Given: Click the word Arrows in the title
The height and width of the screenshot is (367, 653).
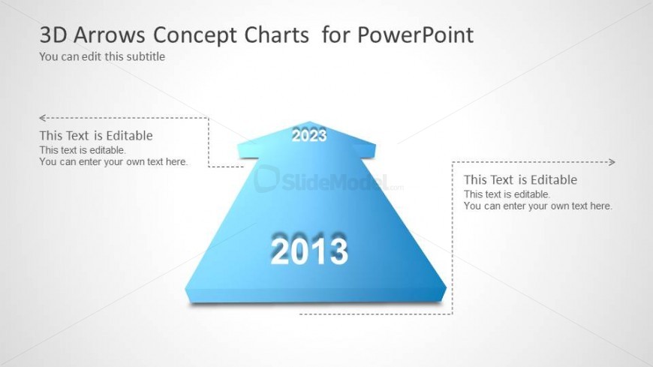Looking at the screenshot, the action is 110,35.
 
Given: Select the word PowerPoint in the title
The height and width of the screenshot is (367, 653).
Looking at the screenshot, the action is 415,36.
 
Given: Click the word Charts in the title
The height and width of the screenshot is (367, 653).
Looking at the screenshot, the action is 276,35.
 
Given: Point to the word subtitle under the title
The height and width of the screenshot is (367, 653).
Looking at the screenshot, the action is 146,56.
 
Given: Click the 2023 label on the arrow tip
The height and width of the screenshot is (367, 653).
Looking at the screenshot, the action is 309,135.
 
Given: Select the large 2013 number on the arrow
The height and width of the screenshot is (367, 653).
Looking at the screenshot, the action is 309,251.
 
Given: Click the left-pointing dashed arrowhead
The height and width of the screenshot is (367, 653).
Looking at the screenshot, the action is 42,118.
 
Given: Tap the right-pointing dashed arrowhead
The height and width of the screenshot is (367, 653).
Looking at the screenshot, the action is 612,162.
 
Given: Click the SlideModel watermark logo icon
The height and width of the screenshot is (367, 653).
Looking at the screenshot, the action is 266,179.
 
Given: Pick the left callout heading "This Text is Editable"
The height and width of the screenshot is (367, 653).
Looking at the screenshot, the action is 96,136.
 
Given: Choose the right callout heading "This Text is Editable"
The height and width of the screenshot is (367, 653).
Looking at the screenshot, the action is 521,180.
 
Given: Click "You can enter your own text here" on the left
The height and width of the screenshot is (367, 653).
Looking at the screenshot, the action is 113,161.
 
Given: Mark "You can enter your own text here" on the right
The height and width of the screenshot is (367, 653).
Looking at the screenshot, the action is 537,206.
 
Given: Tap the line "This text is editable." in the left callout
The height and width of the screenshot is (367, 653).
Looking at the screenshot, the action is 83,150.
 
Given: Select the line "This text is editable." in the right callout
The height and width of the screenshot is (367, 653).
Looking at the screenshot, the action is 507,194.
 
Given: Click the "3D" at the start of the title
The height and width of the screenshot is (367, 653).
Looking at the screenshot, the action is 53,35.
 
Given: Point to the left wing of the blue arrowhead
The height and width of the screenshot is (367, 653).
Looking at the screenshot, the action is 248,150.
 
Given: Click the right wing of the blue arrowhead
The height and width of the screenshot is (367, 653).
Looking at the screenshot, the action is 366,150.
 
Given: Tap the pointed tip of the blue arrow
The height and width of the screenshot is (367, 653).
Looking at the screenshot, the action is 309,122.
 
